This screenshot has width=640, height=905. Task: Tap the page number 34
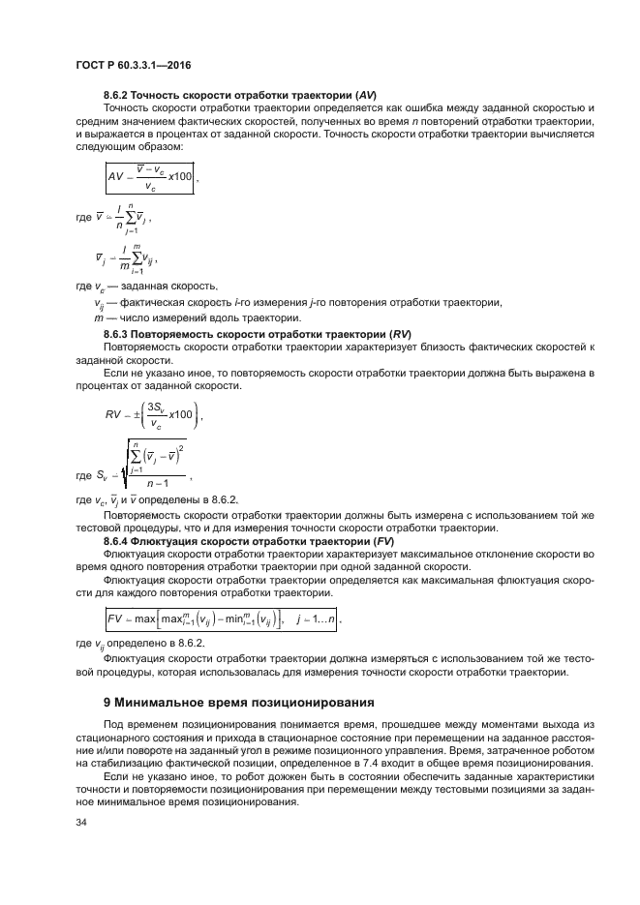[x=81, y=822]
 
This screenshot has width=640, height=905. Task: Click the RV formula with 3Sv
[x=153, y=413]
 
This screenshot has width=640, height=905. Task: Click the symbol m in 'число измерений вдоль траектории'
[x=97, y=318]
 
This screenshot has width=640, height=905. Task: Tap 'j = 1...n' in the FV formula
[x=311, y=617]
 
